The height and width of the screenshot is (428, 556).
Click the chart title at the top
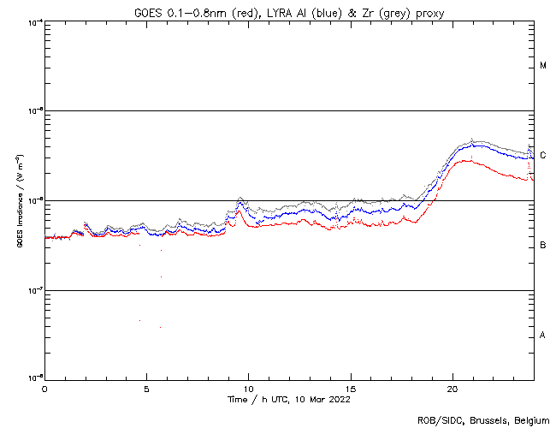pyautogui.click(x=289, y=10)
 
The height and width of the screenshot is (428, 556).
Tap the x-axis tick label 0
pyautogui.click(x=44, y=389)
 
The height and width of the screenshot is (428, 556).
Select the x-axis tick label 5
pyautogui.click(x=146, y=389)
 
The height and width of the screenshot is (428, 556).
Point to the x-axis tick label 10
pyautogui.click(x=248, y=389)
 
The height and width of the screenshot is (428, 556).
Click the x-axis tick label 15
pyautogui.click(x=351, y=389)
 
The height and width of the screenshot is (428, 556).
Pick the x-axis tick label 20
pyautogui.click(x=452, y=389)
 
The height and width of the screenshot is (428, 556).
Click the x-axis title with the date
pyautogui.click(x=288, y=399)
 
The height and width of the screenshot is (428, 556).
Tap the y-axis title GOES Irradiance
pyautogui.click(x=19, y=200)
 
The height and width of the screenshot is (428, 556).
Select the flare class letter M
pyautogui.click(x=543, y=66)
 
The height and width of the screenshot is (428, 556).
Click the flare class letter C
pyautogui.click(x=543, y=155)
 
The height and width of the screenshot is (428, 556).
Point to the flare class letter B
pyautogui.click(x=543, y=246)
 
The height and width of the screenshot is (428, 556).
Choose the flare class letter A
pyautogui.click(x=543, y=335)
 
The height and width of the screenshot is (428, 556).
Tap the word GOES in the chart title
pyautogui.click(x=150, y=10)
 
